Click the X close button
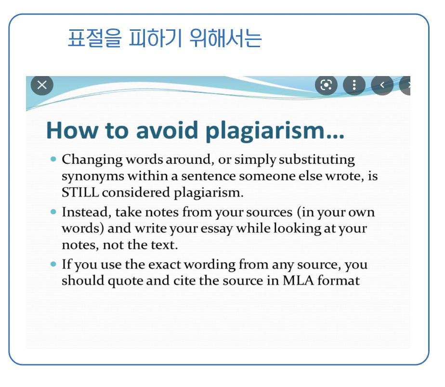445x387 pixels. pos(42,85)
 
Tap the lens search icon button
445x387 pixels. pos(326,85)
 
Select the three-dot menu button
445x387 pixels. pos(354,85)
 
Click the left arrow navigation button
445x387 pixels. pos(382,85)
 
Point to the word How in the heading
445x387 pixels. pos(72,130)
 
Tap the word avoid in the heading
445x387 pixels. pos(167,130)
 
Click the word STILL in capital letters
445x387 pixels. pos(80,193)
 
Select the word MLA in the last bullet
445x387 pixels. pos(298,280)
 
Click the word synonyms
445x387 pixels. pos(93,177)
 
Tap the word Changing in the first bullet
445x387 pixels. pos(92,160)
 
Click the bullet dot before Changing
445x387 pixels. pos(53,159)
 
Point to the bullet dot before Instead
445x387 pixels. pos(53,212)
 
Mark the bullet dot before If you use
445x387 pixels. pos(53,264)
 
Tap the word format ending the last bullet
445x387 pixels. pos(339,280)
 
